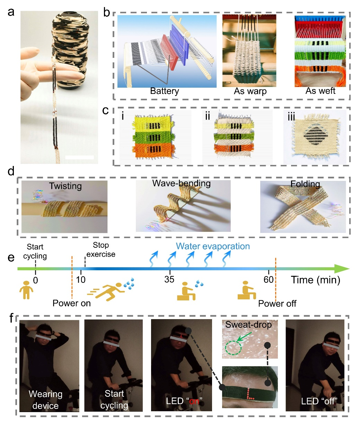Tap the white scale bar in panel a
79,157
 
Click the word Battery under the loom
164,91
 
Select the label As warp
250,91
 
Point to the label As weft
320,91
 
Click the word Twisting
65,186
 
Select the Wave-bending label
182,183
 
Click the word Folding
305,184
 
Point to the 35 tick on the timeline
169,279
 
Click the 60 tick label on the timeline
269,279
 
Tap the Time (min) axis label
316,280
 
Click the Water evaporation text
213,246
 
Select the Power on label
71,303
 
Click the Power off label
277,304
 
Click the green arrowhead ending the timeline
342,269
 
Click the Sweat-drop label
248,325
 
